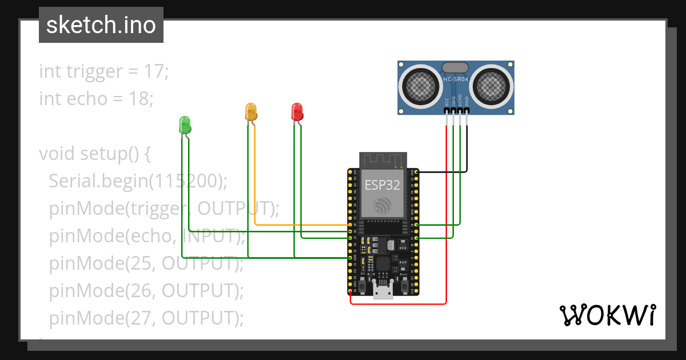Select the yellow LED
(x=251, y=111)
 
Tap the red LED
(x=297, y=111)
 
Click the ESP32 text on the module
(x=382, y=185)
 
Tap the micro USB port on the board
(x=382, y=292)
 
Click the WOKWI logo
(x=607, y=315)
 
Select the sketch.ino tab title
(x=101, y=25)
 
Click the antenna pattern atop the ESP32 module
(x=382, y=160)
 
